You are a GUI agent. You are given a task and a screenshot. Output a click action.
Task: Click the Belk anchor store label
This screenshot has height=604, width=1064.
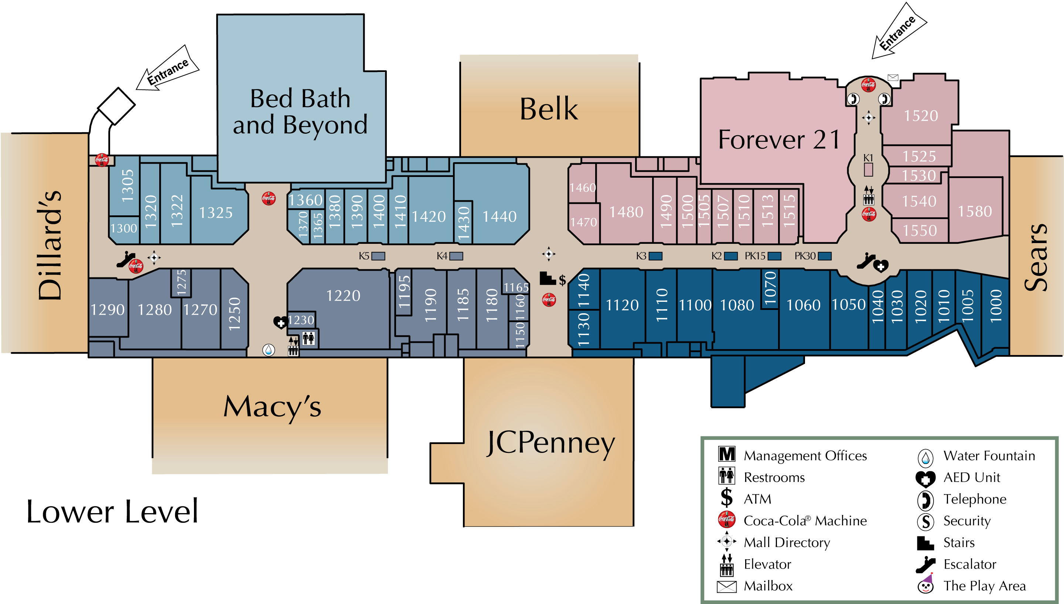click(548, 109)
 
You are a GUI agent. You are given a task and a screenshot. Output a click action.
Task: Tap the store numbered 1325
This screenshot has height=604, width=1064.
click(216, 213)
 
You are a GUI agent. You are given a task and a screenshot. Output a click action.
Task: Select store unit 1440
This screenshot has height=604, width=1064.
click(499, 216)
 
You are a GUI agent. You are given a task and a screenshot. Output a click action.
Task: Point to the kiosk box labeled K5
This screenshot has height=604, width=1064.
click(378, 256)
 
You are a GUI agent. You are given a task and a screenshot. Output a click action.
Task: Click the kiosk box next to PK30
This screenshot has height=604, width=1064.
click(824, 256)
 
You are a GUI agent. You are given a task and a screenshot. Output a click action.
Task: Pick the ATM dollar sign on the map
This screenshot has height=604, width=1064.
click(562, 280)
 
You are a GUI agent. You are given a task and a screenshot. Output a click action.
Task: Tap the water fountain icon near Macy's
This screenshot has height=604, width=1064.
click(268, 350)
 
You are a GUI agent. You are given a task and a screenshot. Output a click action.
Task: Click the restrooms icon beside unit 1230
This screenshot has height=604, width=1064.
click(308, 338)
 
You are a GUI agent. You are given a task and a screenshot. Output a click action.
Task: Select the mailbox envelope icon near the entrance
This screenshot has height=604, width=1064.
click(893, 78)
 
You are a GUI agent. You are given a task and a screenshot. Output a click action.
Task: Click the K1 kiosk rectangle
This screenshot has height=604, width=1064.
click(868, 169)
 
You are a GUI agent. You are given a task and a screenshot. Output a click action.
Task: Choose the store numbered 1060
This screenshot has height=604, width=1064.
click(803, 305)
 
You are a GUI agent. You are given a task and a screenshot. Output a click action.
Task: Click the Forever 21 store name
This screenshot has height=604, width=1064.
click(779, 139)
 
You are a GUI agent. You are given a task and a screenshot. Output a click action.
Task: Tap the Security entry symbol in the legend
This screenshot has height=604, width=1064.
click(925, 522)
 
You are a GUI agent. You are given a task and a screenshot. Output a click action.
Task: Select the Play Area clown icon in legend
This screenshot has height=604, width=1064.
click(925, 585)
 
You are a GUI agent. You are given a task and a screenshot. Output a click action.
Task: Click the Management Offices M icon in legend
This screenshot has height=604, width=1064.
click(726, 454)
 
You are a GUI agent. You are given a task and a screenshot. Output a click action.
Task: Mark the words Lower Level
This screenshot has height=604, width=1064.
click(112, 512)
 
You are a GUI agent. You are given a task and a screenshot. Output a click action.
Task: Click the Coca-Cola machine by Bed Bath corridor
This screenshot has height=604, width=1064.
click(268, 198)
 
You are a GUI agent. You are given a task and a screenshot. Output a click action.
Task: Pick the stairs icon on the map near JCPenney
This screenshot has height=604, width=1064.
click(547, 278)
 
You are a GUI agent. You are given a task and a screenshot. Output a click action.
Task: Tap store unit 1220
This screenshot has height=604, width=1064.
click(343, 296)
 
